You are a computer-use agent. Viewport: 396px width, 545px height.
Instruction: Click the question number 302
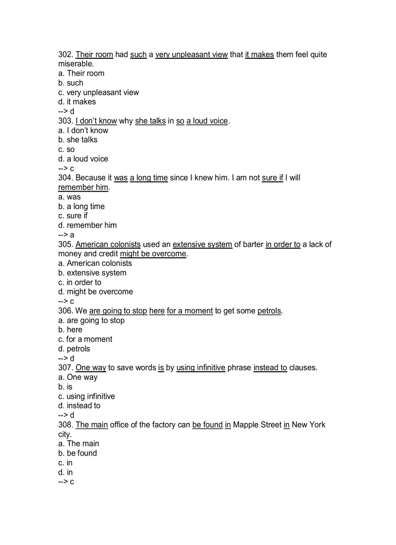(66, 55)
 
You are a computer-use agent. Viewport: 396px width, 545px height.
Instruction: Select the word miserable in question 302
(75, 64)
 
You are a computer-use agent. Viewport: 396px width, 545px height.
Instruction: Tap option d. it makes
(77, 102)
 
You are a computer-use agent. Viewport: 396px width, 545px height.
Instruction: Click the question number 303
(66, 121)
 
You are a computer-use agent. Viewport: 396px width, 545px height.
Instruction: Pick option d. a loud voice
(83, 159)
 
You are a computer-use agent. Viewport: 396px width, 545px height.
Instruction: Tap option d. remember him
(87, 225)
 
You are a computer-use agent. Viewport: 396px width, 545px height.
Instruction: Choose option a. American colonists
(95, 263)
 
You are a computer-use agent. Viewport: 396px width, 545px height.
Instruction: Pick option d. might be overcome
(96, 292)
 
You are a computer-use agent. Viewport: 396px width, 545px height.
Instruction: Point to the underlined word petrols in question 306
(269, 311)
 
